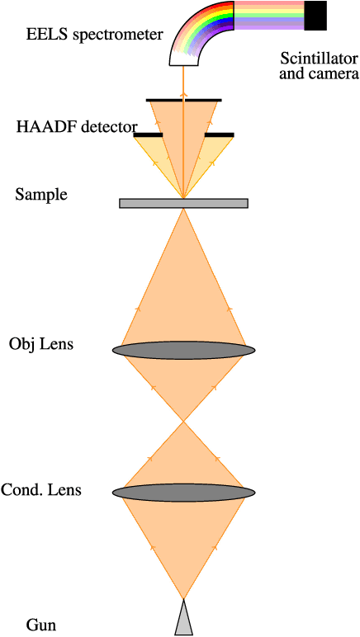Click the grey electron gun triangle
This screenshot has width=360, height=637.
pyautogui.click(x=183, y=620)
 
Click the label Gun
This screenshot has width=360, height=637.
pyautogui.click(x=41, y=625)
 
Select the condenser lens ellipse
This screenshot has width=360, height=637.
pyautogui.click(x=183, y=492)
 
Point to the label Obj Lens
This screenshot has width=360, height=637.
pyautogui.click(x=41, y=343)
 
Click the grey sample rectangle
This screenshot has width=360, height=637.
pyautogui.click(x=183, y=203)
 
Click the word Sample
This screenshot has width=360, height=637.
pyautogui.click(x=41, y=195)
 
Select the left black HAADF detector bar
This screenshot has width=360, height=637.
pyautogui.click(x=148, y=134)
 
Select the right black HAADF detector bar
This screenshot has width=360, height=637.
pyautogui.click(x=219, y=134)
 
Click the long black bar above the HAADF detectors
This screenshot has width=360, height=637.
pyautogui.click(x=183, y=100)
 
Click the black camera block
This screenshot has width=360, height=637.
pyautogui.click(x=315, y=16)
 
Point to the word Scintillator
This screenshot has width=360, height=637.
pyautogui.click(x=319, y=59)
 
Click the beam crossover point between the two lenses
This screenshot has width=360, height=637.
pyautogui.click(x=183, y=422)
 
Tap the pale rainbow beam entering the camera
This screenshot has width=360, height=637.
pyautogui.click(x=269, y=16)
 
